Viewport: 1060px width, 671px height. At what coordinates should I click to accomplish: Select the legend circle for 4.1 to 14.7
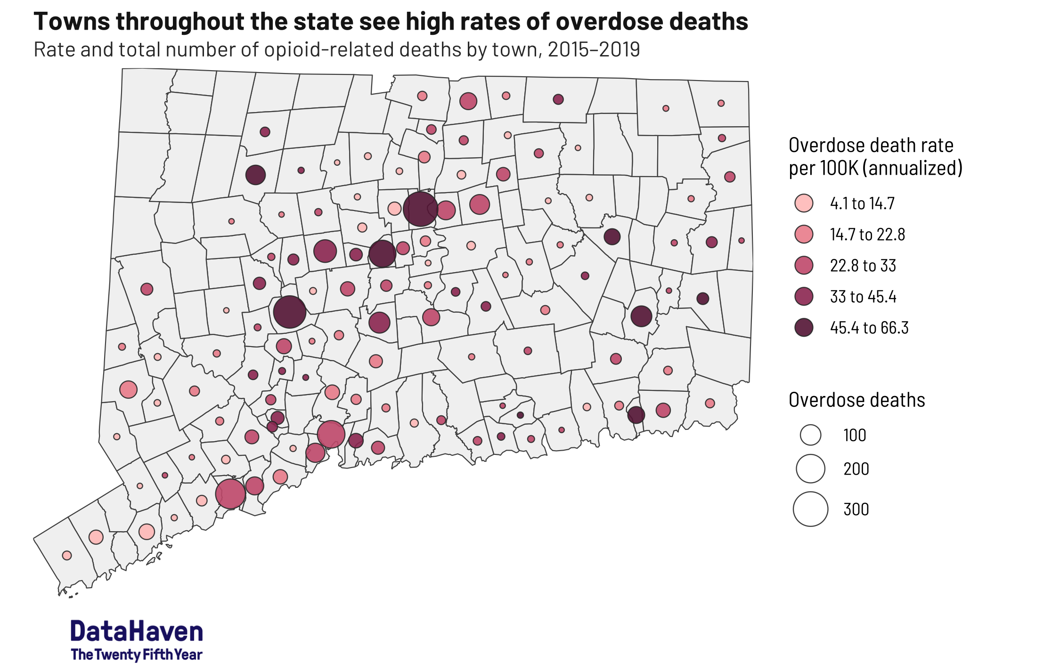(x=804, y=203)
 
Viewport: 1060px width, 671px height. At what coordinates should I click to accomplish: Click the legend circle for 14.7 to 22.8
(x=804, y=234)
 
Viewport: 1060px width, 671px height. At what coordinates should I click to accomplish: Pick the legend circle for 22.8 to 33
(x=804, y=266)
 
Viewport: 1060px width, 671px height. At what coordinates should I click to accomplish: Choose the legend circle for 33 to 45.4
(x=804, y=297)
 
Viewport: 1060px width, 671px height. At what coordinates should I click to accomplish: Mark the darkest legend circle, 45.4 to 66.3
(x=804, y=328)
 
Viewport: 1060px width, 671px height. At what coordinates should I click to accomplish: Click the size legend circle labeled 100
(x=810, y=435)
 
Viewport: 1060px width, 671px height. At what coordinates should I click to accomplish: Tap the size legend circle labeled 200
(x=810, y=469)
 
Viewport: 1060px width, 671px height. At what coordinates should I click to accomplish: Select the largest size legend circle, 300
(x=810, y=509)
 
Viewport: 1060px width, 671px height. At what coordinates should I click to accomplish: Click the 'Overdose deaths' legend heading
(x=856, y=400)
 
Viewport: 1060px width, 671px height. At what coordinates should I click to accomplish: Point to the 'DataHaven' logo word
(x=137, y=631)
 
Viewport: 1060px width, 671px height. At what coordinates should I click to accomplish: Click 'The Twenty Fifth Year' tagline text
(x=137, y=655)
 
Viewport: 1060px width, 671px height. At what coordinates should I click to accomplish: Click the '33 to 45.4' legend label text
(x=863, y=297)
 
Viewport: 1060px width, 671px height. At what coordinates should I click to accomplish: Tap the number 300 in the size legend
(x=856, y=509)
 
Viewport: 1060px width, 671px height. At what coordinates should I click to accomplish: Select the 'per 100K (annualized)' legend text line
(x=875, y=168)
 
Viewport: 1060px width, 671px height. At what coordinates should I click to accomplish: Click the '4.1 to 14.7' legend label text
(x=862, y=203)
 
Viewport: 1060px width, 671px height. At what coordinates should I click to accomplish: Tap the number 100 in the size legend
(x=855, y=435)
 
